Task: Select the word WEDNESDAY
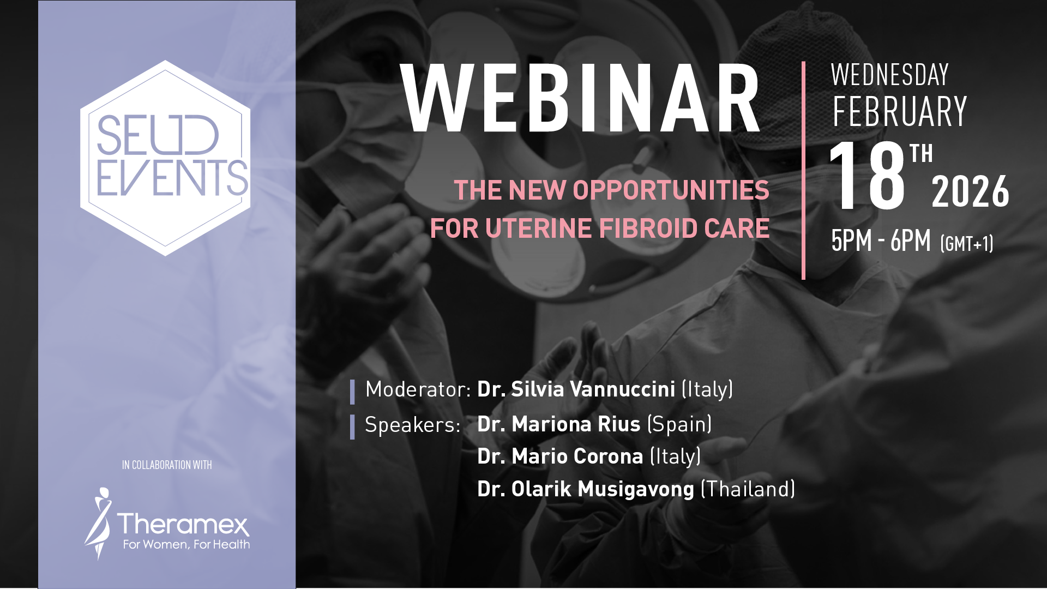890,75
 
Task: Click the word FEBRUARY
900,112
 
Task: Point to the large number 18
867,176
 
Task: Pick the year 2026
971,192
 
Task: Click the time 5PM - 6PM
881,241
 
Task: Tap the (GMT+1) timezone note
967,243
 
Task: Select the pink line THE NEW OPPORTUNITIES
611,190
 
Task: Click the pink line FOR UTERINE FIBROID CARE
600,228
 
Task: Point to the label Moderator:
418,389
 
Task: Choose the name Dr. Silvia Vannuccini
576,389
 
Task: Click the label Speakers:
413,425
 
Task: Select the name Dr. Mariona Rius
559,424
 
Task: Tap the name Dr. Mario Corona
560,456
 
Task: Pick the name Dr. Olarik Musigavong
586,489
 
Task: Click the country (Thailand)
748,489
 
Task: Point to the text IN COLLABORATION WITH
167,465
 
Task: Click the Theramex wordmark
183,525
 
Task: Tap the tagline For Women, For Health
186,544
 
